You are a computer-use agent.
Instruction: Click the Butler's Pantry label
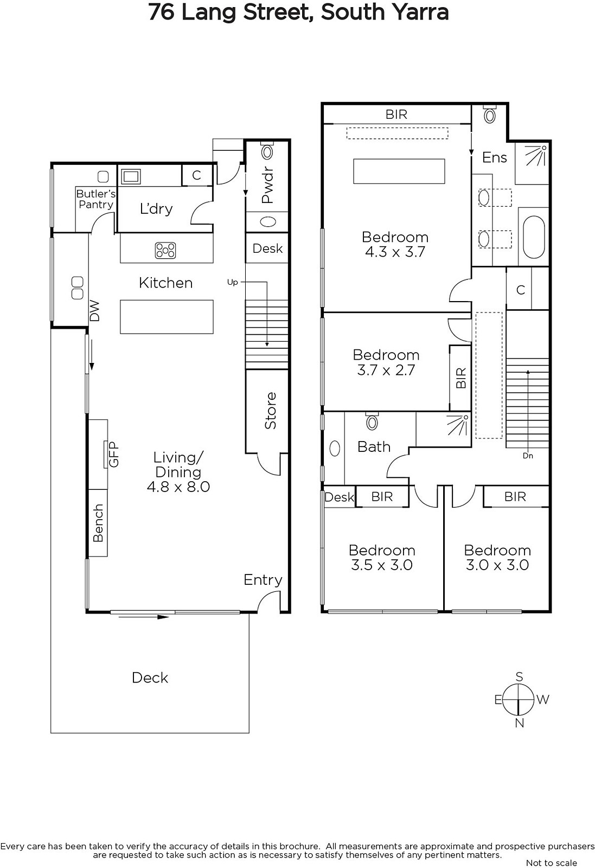95,199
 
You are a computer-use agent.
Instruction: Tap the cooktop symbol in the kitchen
165,250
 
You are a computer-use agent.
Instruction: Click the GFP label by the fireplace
114,454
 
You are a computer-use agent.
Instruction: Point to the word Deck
150,678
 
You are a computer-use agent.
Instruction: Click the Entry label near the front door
263,580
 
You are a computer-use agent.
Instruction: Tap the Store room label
270,411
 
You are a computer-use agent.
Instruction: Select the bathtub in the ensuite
534,237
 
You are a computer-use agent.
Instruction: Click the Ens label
495,158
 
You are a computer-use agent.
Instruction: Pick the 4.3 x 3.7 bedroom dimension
395,252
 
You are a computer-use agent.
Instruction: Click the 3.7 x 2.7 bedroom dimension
386,370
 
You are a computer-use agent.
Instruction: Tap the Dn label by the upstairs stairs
528,456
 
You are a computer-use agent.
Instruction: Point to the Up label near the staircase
233,283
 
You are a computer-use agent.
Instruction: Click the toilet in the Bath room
372,421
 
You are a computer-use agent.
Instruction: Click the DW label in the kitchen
94,311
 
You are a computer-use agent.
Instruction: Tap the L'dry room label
156,209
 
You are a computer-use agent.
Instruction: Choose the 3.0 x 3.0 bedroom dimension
497,565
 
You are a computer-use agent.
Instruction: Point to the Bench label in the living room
98,523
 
